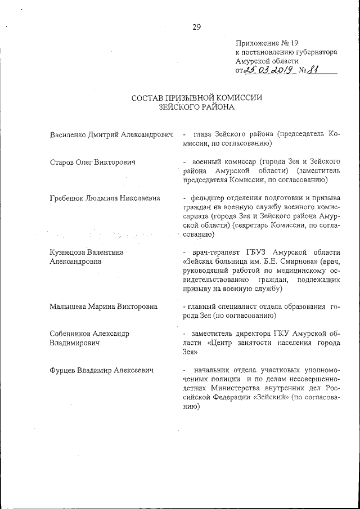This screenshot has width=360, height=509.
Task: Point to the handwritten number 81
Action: pyautogui.click(x=321, y=70)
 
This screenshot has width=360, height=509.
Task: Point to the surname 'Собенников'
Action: pyautogui.click(x=72, y=334)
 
